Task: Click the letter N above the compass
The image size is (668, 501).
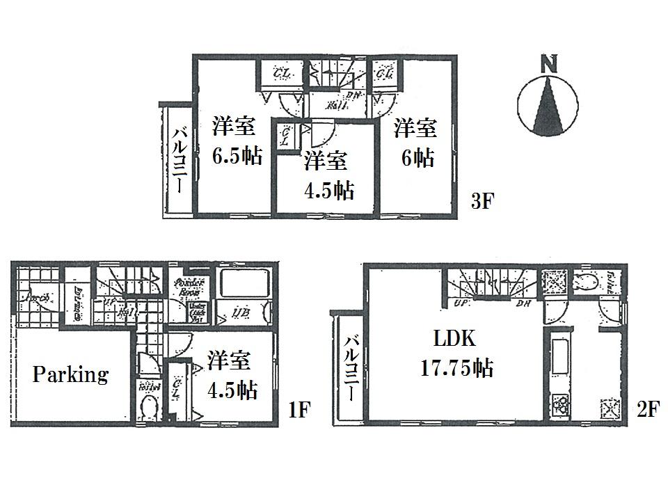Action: [x=549, y=65]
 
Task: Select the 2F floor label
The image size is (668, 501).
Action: [x=646, y=409]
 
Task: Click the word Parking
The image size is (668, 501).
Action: [x=70, y=375]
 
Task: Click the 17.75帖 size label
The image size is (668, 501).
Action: [x=456, y=368]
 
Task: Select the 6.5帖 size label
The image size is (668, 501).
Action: [x=237, y=156]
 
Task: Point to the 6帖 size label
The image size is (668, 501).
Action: [x=417, y=157]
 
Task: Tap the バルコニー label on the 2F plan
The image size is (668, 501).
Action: [x=352, y=368]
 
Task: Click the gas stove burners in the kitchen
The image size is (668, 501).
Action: [x=560, y=404]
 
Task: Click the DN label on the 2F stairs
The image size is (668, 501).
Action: [x=523, y=303]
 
